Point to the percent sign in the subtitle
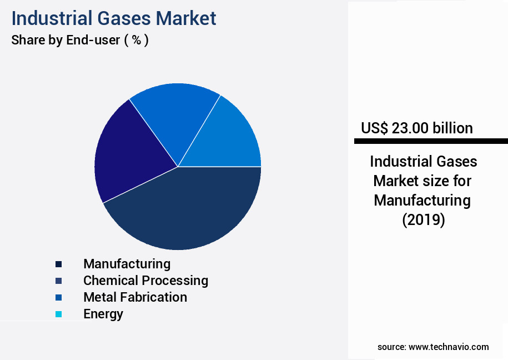click(136, 41)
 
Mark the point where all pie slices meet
click(178, 167)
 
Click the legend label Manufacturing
click(127, 263)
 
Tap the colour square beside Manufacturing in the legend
click(58, 264)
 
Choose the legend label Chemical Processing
click(145, 281)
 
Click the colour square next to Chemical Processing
click(58, 281)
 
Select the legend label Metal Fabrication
click(135, 297)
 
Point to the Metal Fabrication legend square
click(58, 298)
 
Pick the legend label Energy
click(103, 314)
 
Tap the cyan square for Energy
click(58, 314)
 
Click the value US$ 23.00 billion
click(416, 128)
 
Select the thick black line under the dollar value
click(431, 141)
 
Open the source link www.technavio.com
click(449, 347)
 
